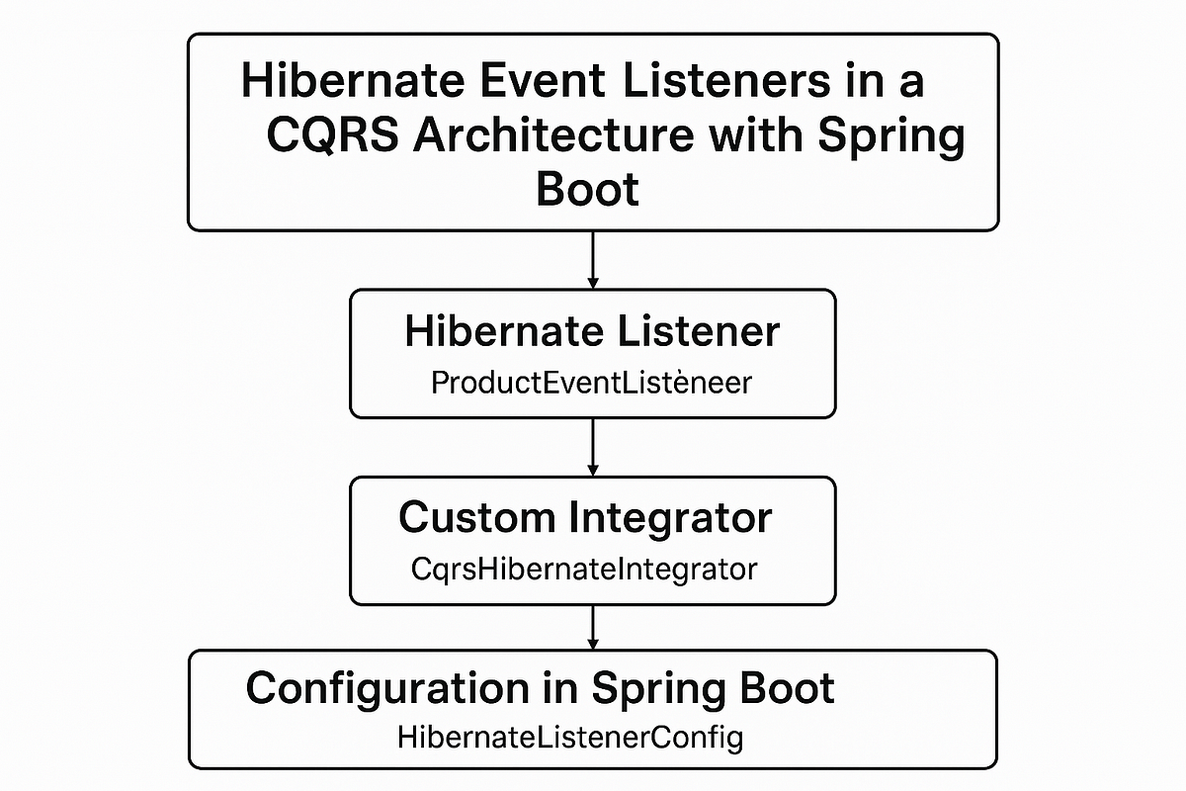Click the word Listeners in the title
tap(711, 80)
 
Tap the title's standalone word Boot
tap(587, 188)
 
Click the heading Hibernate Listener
tap(592, 332)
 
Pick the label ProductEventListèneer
tap(591, 383)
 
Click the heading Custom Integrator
tap(585, 517)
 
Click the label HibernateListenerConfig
tap(569, 737)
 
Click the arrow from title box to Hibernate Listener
tap(592, 259)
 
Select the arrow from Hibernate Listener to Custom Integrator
tap(592, 446)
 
